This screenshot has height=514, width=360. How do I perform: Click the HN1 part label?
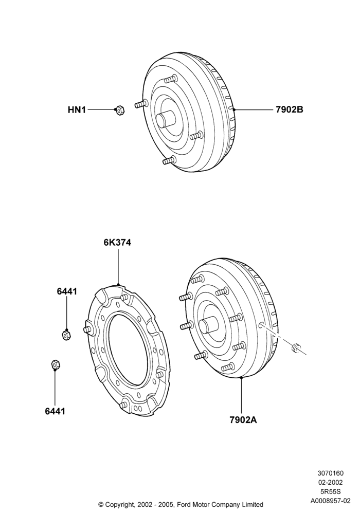click(x=77, y=110)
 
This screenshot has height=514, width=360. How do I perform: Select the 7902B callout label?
click(x=289, y=109)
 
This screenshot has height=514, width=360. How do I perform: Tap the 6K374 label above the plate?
click(x=117, y=243)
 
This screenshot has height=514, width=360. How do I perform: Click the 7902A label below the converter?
click(x=243, y=420)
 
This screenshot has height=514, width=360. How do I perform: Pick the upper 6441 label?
click(x=67, y=291)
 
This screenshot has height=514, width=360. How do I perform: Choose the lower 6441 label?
click(x=55, y=411)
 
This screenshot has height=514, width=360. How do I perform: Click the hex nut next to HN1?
click(x=120, y=110)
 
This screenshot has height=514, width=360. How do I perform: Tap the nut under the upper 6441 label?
click(x=66, y=335)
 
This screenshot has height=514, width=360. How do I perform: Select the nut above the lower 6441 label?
click(x=55, y=364)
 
